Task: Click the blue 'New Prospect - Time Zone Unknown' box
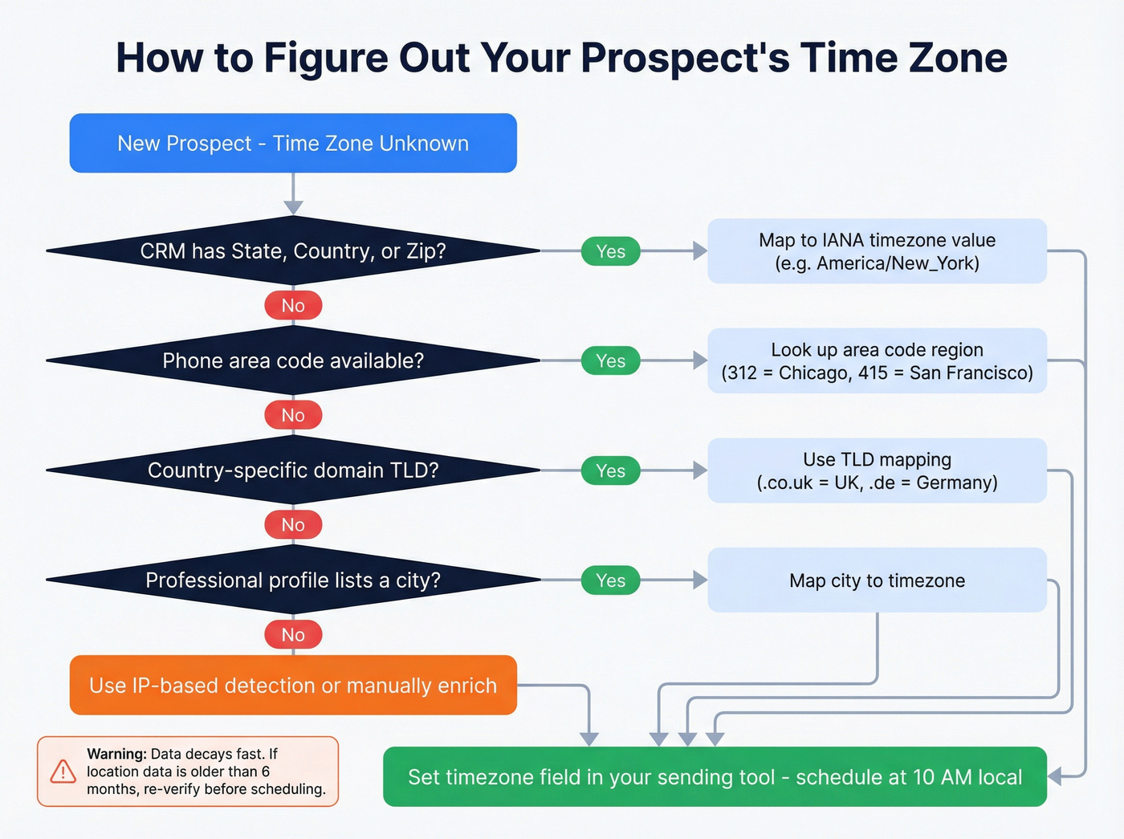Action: [293, 143]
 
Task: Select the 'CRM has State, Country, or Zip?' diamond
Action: [293, 251]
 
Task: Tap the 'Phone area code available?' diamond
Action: [293, 360]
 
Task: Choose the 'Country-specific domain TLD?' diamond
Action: [293, 470]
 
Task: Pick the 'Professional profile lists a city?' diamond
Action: [293, 580]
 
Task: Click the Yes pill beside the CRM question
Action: [610, 251]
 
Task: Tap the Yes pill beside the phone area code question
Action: [610, 361]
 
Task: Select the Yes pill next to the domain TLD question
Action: [610, 470]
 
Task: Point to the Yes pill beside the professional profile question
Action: [610, 580]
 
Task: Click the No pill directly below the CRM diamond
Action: [293, 306]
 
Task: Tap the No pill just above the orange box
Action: [293, 634]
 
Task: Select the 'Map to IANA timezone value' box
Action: [877, 251]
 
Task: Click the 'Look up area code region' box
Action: [877, 360]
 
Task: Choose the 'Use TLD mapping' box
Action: [877, 470]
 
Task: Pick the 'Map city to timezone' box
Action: [877, 580]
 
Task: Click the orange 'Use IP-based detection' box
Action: [293, 685]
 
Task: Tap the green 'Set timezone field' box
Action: [715, 776]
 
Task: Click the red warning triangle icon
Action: [63, 772]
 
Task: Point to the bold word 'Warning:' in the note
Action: [116, 754]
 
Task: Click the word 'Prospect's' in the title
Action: [685, 58]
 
